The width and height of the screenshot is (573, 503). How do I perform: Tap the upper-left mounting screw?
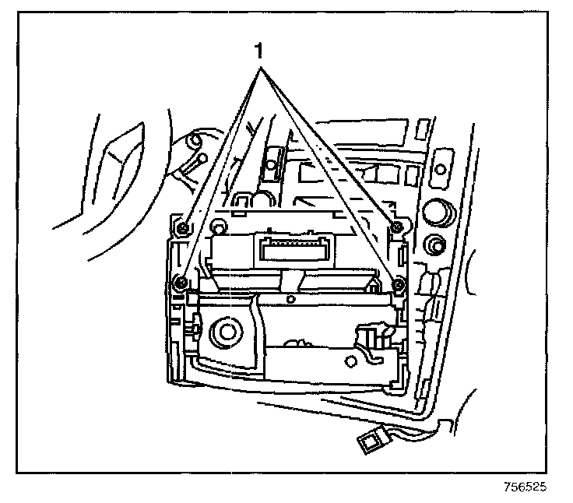tap(181, 228)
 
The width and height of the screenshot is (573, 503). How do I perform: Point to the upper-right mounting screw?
tap(396, 227)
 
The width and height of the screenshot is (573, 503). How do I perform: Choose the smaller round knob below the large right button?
tap(433, 248)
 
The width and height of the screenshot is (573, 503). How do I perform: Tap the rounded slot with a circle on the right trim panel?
tap(439, 167)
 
